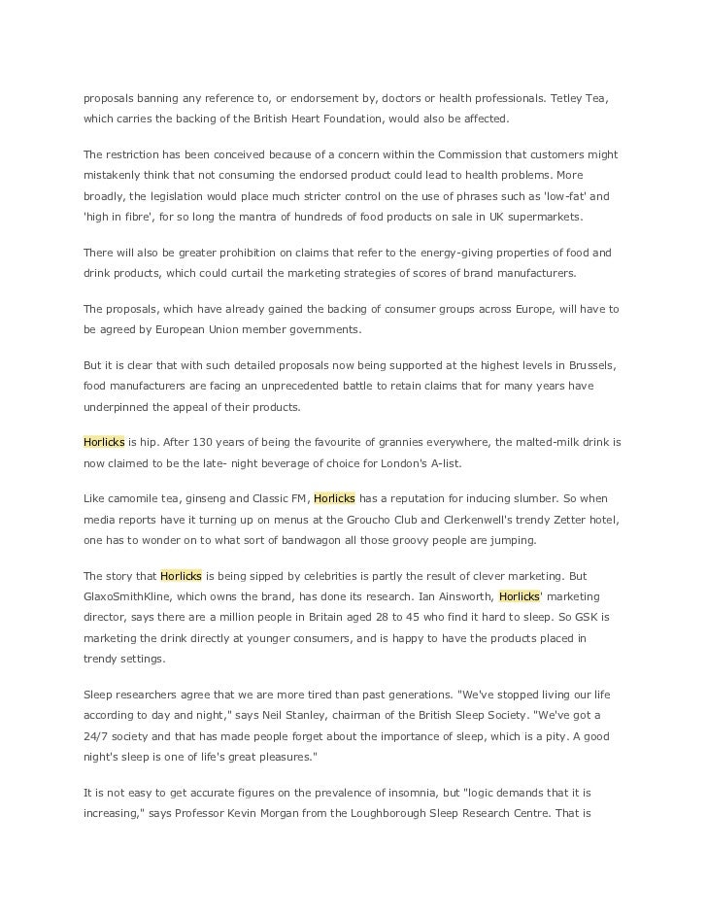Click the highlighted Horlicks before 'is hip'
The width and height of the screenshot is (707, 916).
[104, 442]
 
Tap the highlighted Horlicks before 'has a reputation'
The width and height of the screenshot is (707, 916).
[335, 498]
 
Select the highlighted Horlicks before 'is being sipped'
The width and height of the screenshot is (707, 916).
[181, 576]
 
